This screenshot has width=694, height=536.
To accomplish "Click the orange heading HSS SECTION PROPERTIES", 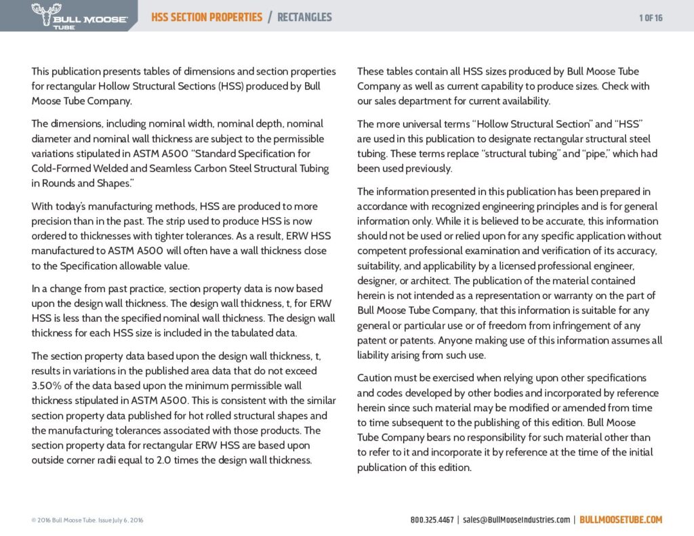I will pyautogui.click(x=206, y=17).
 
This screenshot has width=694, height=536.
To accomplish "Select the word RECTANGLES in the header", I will pyautogui.click(x=304, y=17).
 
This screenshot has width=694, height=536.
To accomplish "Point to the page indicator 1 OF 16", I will pyautogui.click(x=651, y=18).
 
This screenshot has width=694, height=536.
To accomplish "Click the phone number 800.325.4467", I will pyautogui.click(x=432, y=520).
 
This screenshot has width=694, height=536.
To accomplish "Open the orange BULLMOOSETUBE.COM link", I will pyautogui.click(x=621, y=520).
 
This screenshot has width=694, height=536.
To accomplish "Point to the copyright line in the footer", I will pyautogui.click(x=87, y=520).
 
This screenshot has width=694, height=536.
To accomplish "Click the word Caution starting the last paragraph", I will pyautogui.click(x=375, y=377).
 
